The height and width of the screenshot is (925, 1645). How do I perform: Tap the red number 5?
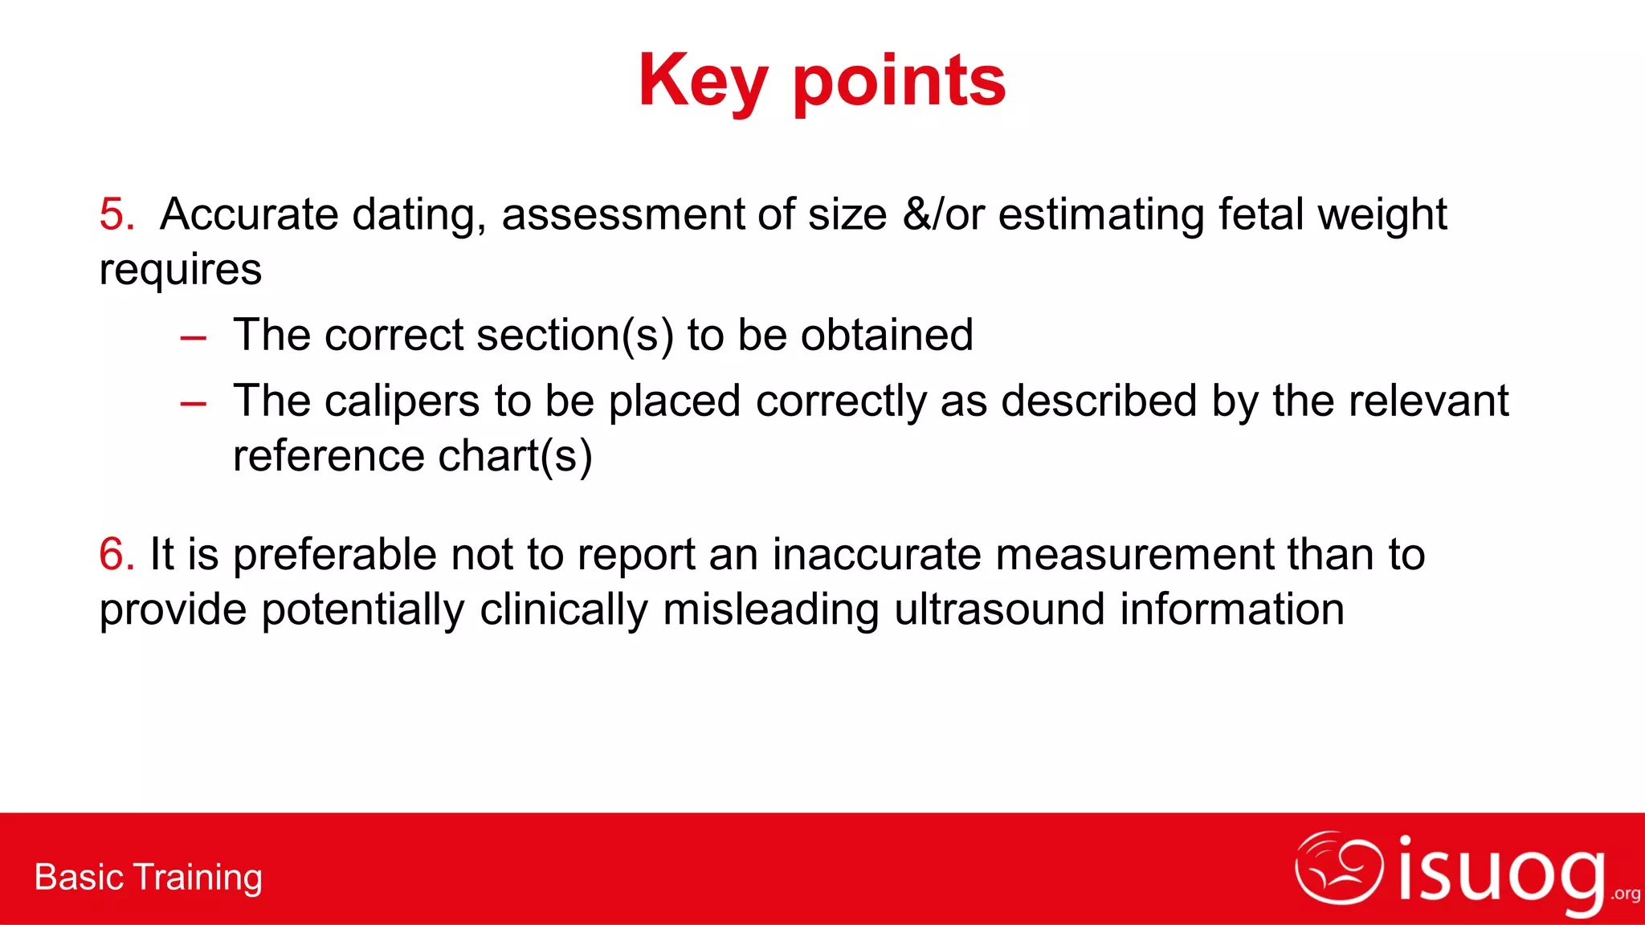116,214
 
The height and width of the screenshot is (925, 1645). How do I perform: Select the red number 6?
116,554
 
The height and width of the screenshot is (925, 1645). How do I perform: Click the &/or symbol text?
943,214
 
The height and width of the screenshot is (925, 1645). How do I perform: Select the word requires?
181,269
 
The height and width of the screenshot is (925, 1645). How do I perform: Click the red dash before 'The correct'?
194,338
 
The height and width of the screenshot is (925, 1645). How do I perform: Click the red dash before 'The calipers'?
194,404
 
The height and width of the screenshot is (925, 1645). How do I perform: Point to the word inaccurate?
876,555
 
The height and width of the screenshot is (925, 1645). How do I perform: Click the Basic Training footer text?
149,877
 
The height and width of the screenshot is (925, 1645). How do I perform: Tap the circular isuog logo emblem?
1338,868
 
